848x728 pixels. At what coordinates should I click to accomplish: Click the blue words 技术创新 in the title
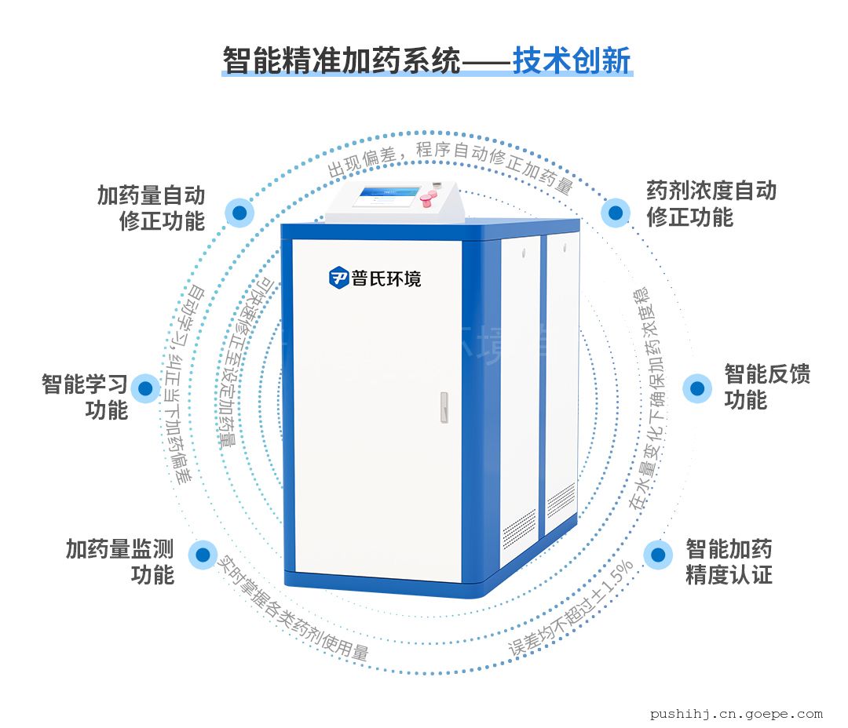click(572, 60)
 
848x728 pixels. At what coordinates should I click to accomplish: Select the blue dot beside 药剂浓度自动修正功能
click(616, 213)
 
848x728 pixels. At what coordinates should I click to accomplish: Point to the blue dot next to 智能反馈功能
click(696, 388)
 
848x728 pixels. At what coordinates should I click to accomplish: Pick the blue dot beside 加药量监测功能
click(203, 555)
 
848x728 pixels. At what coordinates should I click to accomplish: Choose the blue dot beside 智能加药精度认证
click(658, 555)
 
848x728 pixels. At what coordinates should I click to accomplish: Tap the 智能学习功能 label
click(85, 397)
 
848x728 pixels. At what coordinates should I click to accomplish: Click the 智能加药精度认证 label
click(729, 561)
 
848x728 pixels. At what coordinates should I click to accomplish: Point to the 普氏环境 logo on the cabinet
click(375, 277)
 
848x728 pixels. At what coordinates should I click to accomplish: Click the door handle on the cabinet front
click(444, 407)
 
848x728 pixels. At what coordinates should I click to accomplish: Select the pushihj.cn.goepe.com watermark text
click(737, 713)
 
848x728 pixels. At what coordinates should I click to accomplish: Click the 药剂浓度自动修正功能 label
click(711, 203)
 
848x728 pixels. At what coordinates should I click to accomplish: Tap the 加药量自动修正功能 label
click(151, 207)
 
